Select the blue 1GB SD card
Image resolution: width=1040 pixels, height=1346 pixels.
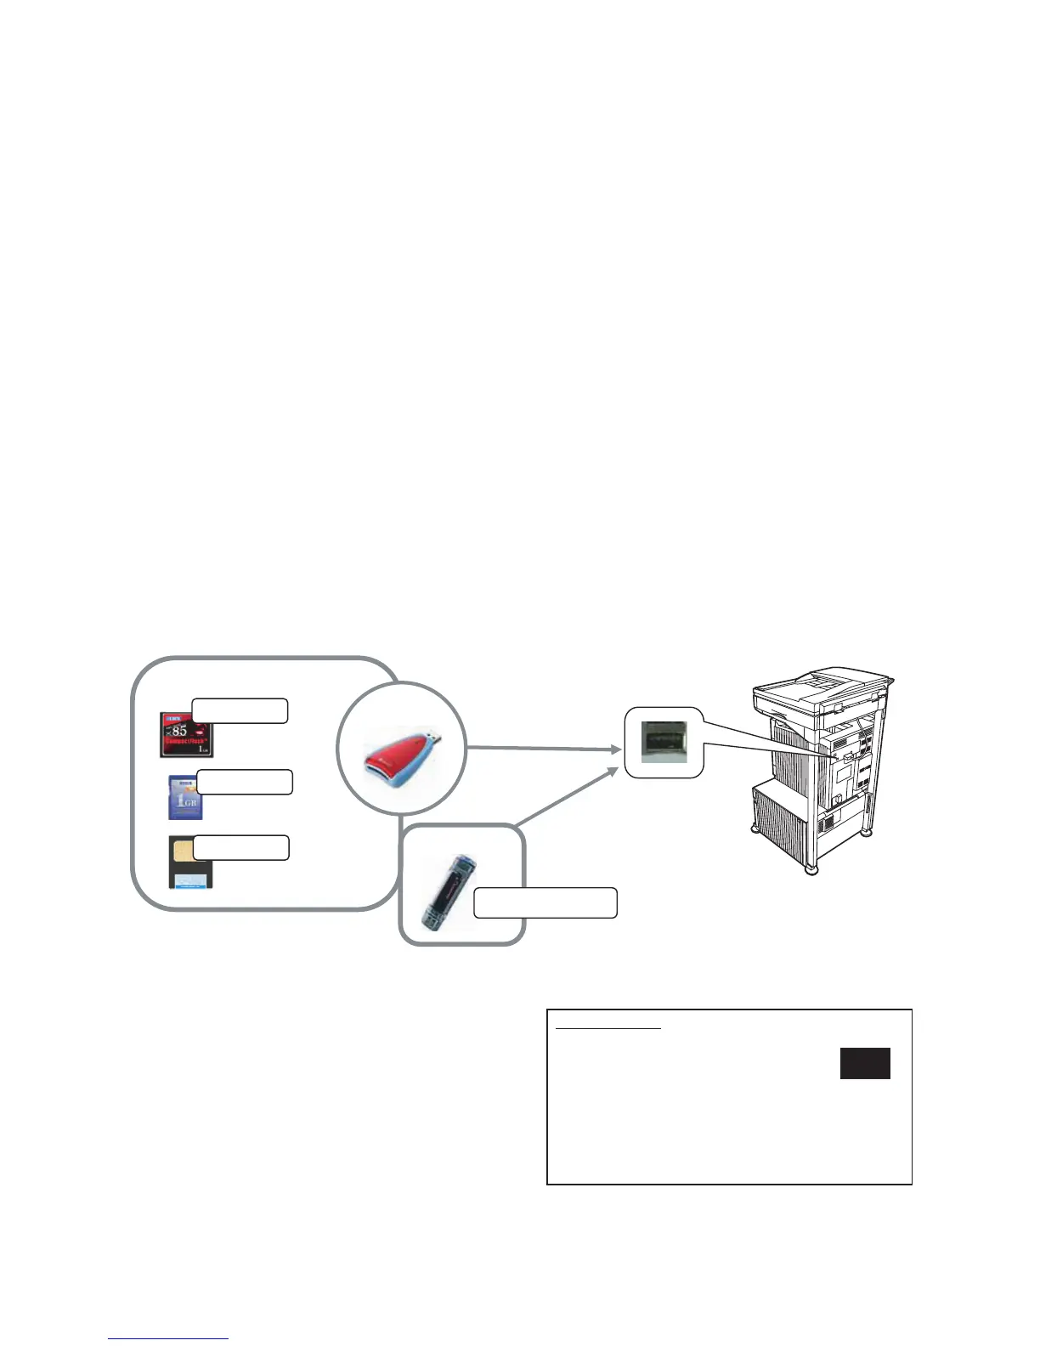click(x=184, y=797)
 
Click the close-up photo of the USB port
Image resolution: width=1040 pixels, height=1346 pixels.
click(x=664, y=742)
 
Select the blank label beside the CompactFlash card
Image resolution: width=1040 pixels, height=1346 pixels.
click(x=240, y=710)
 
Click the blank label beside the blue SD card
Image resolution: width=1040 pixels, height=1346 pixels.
click(x=245, y=782)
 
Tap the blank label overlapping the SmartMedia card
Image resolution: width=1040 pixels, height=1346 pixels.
click(x=240, y=847)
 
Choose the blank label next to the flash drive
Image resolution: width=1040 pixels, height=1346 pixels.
click(x=545, y=902)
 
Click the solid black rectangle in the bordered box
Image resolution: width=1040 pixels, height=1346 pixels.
click(x=865, y=1063)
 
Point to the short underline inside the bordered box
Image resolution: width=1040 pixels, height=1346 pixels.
click(x=608, y=1029)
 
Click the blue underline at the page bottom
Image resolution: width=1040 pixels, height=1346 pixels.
click(x=168, y=1339)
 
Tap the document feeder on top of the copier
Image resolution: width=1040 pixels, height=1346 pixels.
click(x=820, y=686)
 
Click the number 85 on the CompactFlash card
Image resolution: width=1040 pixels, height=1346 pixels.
click(x=178, y=730)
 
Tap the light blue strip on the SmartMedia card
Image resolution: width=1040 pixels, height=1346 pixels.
click(x=192, y=880)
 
